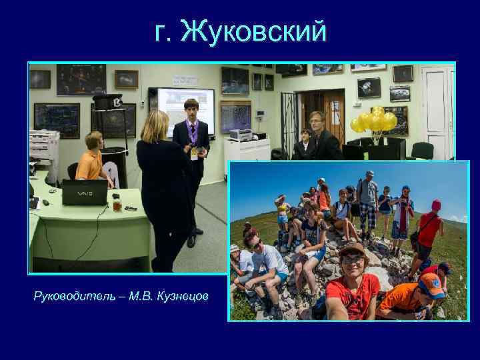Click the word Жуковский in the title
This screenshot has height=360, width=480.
coord(254,31)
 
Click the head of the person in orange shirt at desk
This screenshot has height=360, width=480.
coord(94,141)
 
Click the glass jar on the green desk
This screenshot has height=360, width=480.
coord(117,205)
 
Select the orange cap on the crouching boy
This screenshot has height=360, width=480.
coord(431,285)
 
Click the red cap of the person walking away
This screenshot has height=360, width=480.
coord(436,205)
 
